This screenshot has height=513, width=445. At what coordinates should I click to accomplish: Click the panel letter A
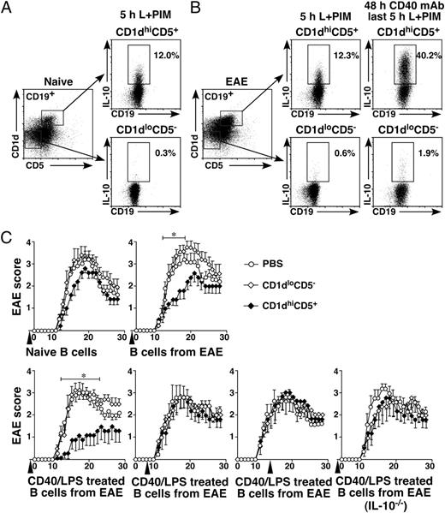[x=9, y=9]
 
